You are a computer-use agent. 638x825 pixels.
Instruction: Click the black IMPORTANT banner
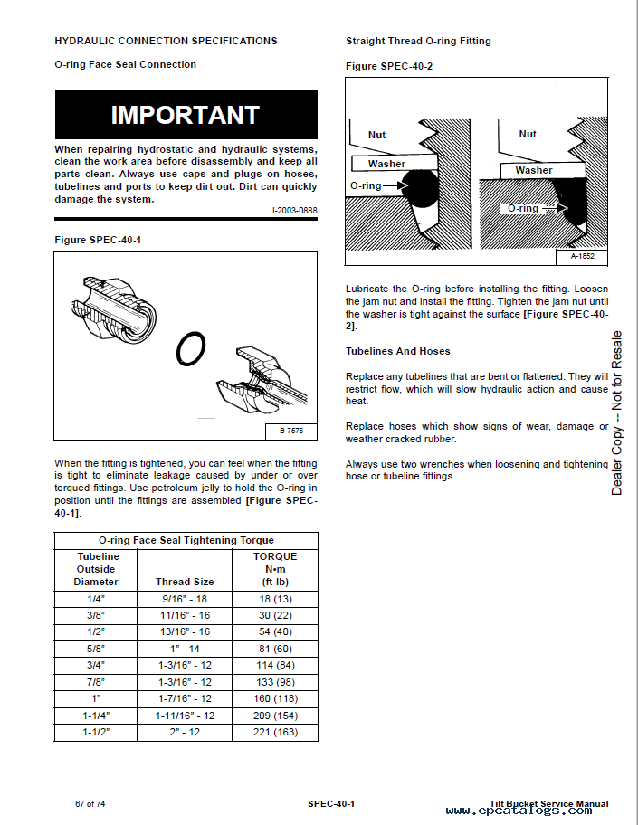[186, 115]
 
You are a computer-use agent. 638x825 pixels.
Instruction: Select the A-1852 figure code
[584, 257]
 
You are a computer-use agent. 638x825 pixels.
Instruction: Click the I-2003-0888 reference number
[294, 211]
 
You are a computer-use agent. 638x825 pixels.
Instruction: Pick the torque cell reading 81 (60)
[275, 649]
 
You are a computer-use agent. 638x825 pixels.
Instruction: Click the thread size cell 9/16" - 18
[185, 598]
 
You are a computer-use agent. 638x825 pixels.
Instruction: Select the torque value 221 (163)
[275, 732]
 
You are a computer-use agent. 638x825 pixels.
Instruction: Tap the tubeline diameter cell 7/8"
[96, 682]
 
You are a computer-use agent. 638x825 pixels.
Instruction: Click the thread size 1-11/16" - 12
[185, 716]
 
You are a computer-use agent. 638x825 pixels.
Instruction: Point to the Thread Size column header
[185, 582]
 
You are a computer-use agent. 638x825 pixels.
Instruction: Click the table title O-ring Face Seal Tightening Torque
[186, 540]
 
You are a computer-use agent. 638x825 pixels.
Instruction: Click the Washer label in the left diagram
[386, 164]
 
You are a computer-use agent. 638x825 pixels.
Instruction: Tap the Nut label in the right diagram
[528, 134]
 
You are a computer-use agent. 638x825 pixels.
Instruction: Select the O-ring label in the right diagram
[522, 208]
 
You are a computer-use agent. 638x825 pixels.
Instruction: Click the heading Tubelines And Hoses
[397, 351]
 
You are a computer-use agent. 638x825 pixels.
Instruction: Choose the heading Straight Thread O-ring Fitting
[418, 41]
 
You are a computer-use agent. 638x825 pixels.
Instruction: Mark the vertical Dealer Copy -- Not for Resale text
[617, 412]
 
